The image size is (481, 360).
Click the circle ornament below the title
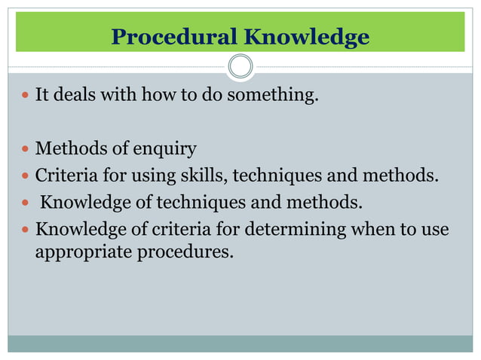coord(240,67)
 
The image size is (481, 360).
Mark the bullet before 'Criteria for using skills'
coord(25,177)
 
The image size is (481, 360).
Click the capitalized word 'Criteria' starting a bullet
coord(66,176)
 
